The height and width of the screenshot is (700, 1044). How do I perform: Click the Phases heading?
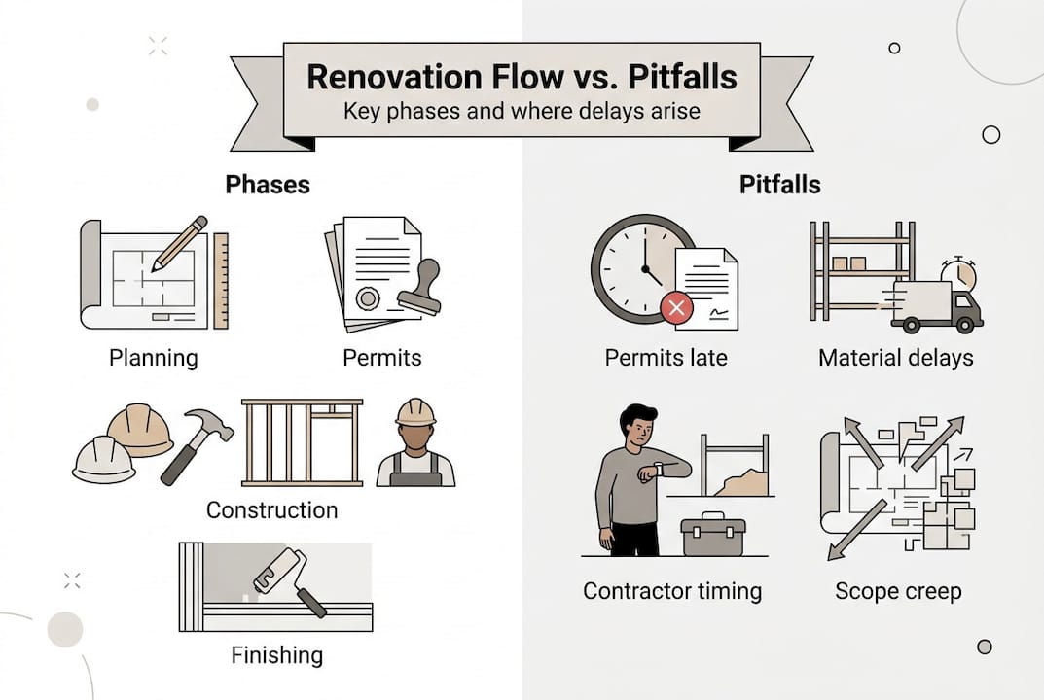pyautogui.click(x=268, y=185)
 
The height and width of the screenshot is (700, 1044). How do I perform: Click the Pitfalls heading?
pyautogui.click(x=780, y=185)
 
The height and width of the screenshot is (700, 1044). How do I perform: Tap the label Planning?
pyautogui.click(x=153, y=358)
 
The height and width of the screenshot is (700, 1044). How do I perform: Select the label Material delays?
pyautogui.click(x=895, y=358)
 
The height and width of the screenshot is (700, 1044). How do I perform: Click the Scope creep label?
pyautogui.click(x=898, y=590)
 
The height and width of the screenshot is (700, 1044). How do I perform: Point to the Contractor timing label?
pyautogui.click(x=672, y=590)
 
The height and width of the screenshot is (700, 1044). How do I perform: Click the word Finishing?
pyautogui.click(x=276, y=654)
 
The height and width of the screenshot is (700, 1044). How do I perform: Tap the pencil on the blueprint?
pyautogui.click(x=179, y=242)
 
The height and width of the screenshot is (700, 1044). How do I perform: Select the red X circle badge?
pyautogui.click(x=676, y=309)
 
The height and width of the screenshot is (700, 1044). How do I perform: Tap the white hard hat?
pyautogui.click(x=103, y=459)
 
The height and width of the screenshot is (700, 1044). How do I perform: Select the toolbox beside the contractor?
pyautogui.click(x=713, y=535)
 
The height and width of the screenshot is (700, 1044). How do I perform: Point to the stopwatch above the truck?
pyautogui.click(x=958, y=274)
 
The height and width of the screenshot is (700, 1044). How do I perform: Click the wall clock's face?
pyautogui.click(x=636, y=267)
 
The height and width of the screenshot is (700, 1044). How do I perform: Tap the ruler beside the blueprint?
pyautogui.click(x=221, y=279)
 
